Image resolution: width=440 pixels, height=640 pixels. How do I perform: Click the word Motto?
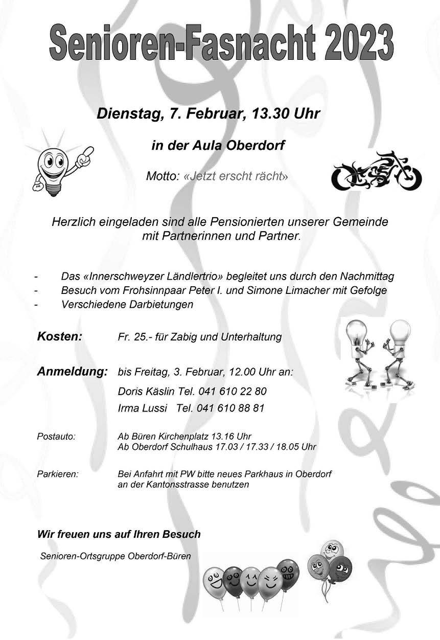point(163,177)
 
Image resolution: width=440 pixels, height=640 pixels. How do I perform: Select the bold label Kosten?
point(59,337)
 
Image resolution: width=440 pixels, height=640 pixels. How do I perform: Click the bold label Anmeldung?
point(72,371)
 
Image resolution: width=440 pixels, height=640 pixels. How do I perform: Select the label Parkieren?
point(58,474)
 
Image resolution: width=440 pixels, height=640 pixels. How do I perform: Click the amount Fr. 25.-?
point(134,337)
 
